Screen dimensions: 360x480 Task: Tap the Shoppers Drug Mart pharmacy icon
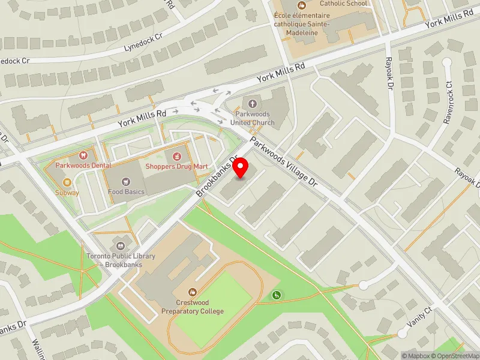point(176,156)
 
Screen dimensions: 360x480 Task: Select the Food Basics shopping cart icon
point(126,181)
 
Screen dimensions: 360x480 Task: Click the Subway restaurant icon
point(67,182)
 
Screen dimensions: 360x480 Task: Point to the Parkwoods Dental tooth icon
point(84,155)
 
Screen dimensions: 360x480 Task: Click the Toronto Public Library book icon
point(121,247)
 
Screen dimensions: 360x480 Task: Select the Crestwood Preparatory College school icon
point(192,291)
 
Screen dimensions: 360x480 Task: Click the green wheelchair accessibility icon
point(277,295)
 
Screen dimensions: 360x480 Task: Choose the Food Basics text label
point(126,192)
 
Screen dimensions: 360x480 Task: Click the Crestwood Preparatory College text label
point(192,307)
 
